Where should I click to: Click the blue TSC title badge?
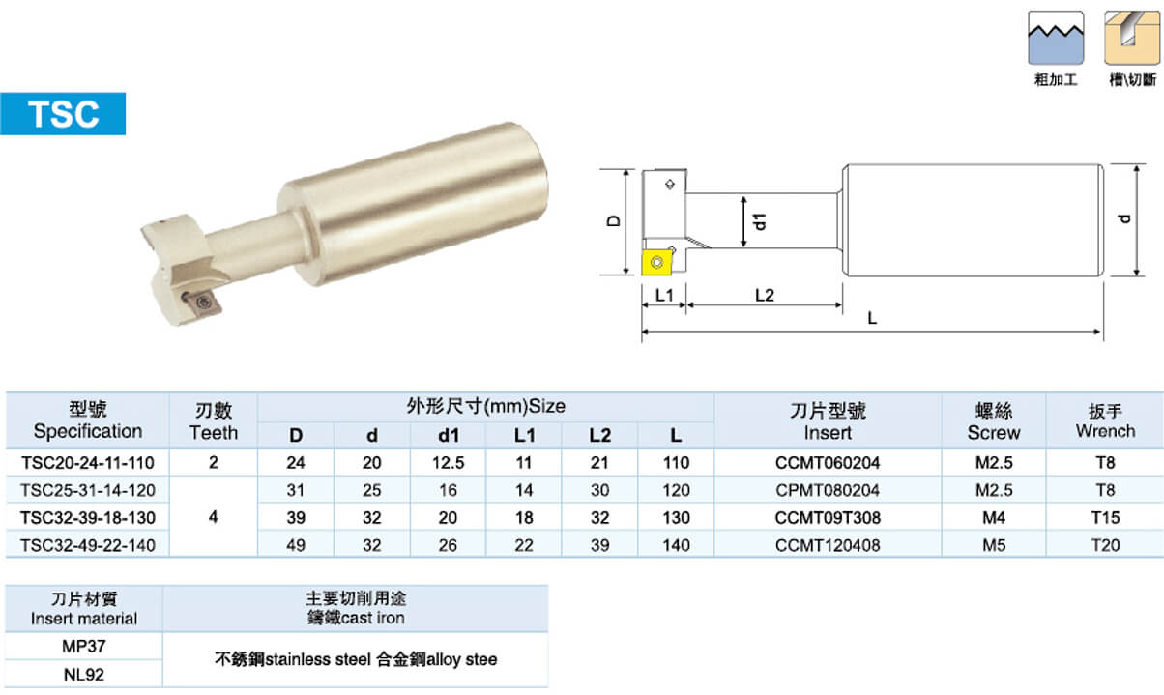tap(63, 114)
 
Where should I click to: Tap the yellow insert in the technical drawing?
tap(656, 262)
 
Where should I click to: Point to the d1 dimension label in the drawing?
tap(760, 221)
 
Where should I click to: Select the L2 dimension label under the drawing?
tap(765, 295)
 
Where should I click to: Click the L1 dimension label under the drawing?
tap(664, 295)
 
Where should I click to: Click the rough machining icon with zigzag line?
tap(1056, 38)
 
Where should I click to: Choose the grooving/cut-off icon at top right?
tap(1132, 38)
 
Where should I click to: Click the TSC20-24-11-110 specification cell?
tap(88, 462)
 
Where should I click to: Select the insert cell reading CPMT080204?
tap(828, 490)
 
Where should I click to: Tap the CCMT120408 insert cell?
tap(828, 545)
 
